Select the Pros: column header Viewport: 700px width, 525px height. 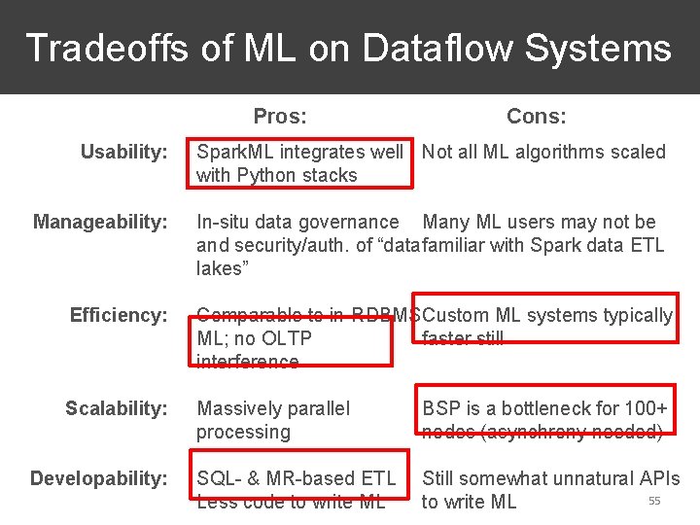point(280,117)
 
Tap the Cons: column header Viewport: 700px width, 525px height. point(537,117)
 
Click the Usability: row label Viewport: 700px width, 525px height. point(123,152)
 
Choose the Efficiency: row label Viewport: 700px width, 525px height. point(119,315)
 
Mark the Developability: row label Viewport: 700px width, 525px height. point(99,478)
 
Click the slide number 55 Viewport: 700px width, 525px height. point(654,501)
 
